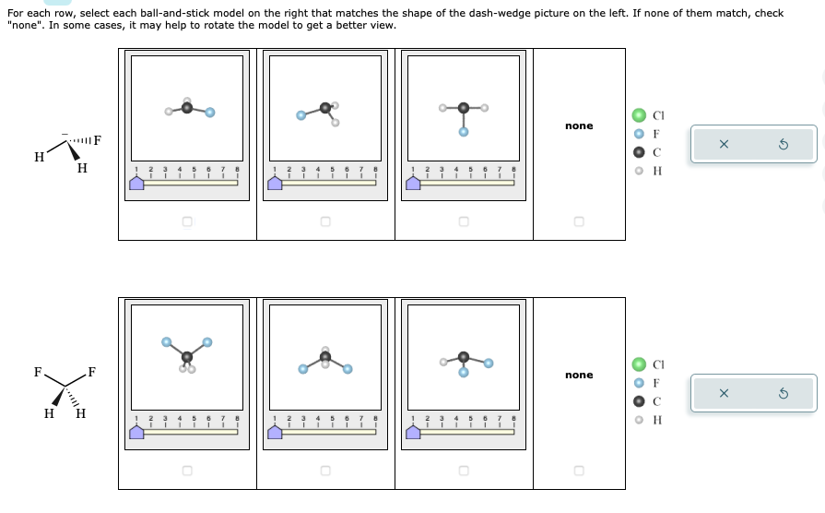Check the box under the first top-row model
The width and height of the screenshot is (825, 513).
click(x=187, y=221)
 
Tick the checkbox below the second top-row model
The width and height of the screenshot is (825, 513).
click(x=324, y=221)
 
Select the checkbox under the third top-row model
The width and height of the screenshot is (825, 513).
click(x=463, y=221)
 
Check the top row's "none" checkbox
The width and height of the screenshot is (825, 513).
click(x=578, y=221)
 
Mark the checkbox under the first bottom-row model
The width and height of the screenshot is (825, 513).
click(x=187, y=471)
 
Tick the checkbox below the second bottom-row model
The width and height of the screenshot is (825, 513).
click(x=324, y=471)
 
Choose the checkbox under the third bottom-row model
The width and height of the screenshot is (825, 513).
click(x=463, y=471)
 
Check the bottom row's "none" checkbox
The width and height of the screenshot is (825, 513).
click(x=578, y=471)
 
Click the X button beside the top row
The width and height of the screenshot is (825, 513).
click(x=724, y=145)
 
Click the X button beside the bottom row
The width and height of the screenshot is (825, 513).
click(x=724, y=394)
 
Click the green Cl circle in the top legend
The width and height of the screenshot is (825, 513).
click(x=638, y=115)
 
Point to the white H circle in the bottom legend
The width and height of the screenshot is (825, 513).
click(x=638, y=420)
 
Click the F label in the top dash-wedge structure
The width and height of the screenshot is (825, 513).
click(x=97, y=141)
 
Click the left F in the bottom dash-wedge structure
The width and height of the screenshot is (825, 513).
click(x=38, y=373)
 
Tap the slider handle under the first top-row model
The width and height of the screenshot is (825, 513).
click(x=136, y=183)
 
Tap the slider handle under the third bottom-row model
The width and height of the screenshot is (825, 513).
click(x=413, y=432)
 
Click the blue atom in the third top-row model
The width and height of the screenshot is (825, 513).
click(x=464, y=132)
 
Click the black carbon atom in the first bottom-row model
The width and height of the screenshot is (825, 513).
click(x=187, y=356)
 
